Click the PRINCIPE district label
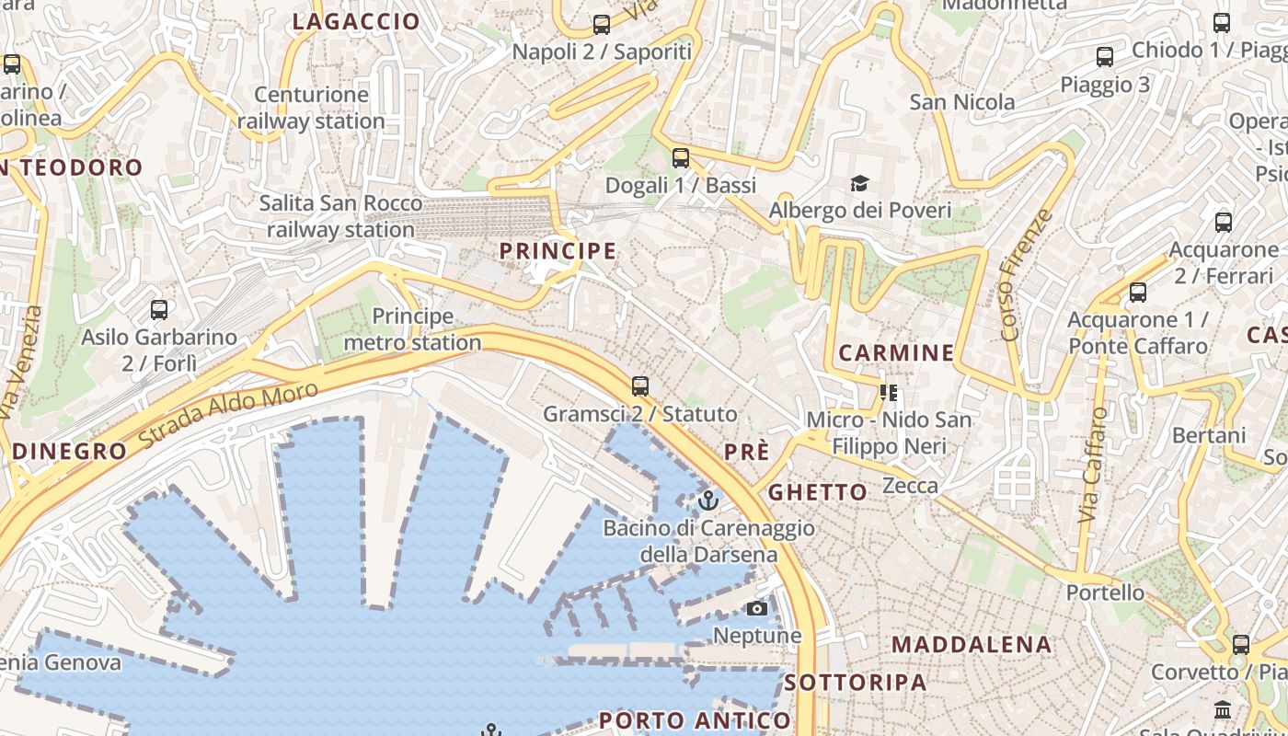coord(558,250)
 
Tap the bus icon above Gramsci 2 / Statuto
coord(640,386)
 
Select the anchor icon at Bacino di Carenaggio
coord(708,500)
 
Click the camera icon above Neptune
coord(756,609)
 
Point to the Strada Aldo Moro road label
coord(229,416)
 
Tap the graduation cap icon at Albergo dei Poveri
coord(860,184)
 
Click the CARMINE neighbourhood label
coord(897,352)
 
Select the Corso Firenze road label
coord(1024,275)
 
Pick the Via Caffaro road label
coord(1093,466)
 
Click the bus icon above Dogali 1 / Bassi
coord(681,158)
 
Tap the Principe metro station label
coord(412,329)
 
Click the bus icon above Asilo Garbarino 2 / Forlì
coord(159,310)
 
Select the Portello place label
coord(1105,592)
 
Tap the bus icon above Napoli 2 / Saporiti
coord(602,25)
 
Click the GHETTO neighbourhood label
coord(818,492)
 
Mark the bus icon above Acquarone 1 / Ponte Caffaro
coord(1138,293)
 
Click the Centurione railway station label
coord(311,108)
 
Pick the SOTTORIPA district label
coord(856,683)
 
